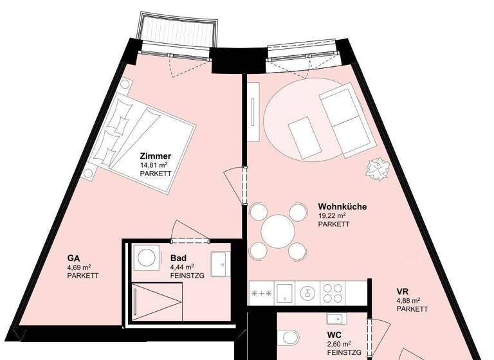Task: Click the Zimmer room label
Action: (155, 156)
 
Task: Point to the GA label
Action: (73, 258)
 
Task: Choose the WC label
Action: (333, 336)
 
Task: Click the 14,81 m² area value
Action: (154, 165)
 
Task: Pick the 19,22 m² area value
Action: (332, 216)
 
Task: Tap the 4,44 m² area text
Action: (182, 267)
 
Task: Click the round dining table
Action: (278, 230)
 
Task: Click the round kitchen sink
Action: (307, 292)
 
